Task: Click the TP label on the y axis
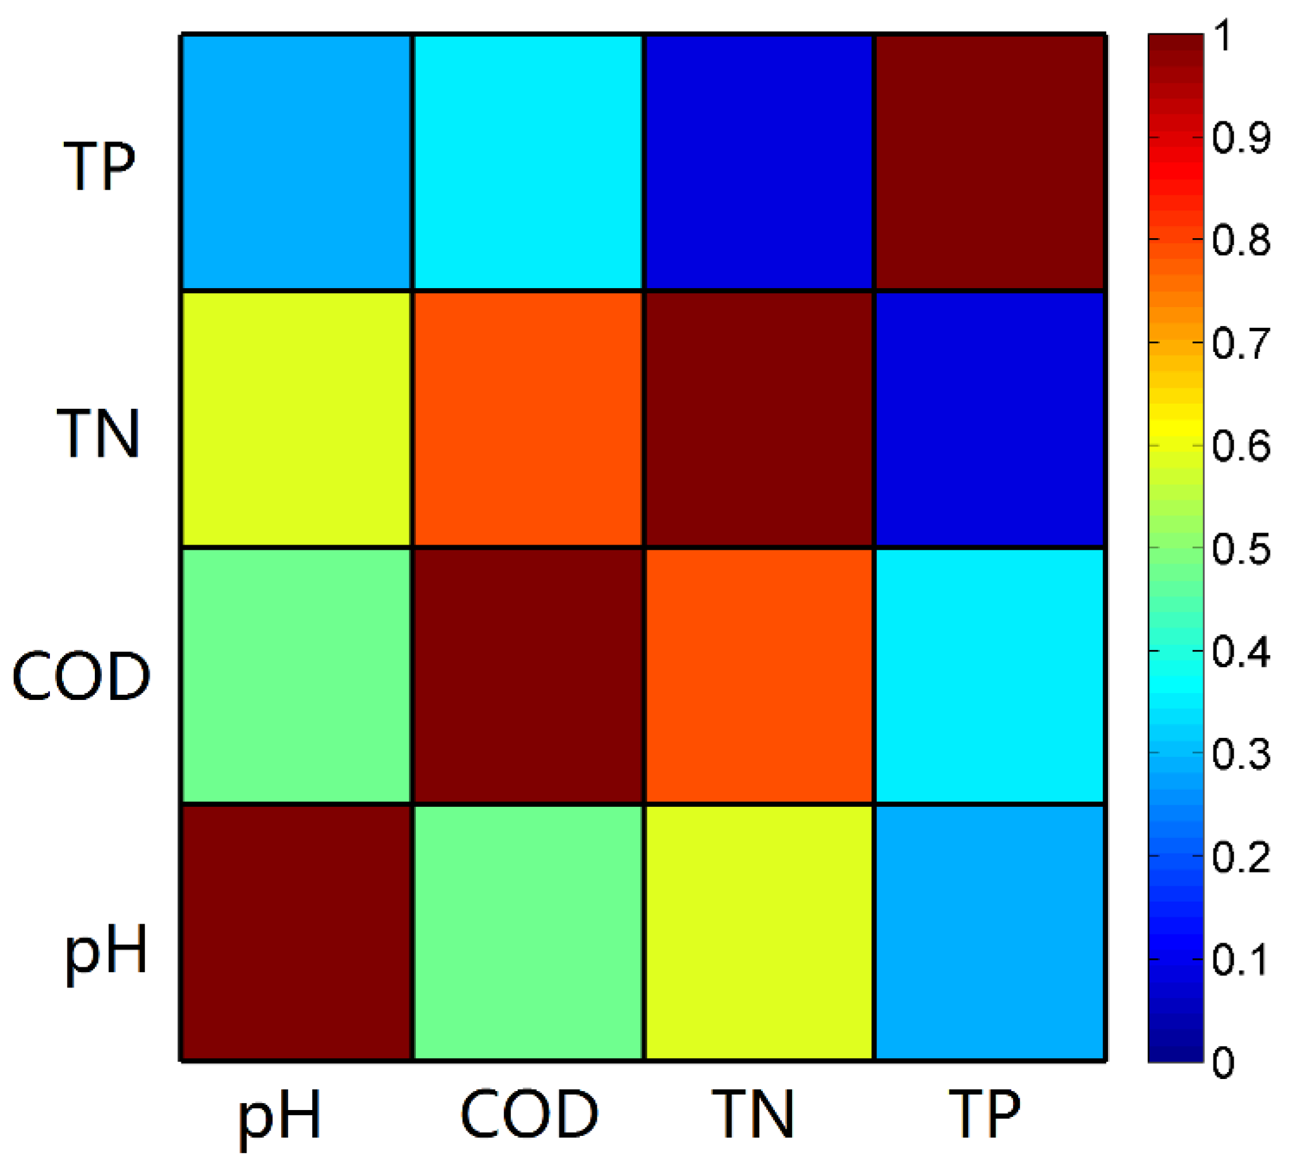tap(100, 166)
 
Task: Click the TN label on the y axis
tap(99, 433)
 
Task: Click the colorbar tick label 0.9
tap(1240, 137)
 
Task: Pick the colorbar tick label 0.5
tap(1240, 548)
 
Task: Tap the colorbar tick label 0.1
tap(1240, 960)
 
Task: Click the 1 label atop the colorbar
tap(1223, 36)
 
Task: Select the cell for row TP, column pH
tap(296, 162)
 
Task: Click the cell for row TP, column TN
tap(759, 162)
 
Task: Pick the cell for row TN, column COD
tap(528, 419)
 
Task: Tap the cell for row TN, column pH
tap(296, 419)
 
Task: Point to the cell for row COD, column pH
tap(296, 675)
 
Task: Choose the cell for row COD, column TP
tap(989, 675)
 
